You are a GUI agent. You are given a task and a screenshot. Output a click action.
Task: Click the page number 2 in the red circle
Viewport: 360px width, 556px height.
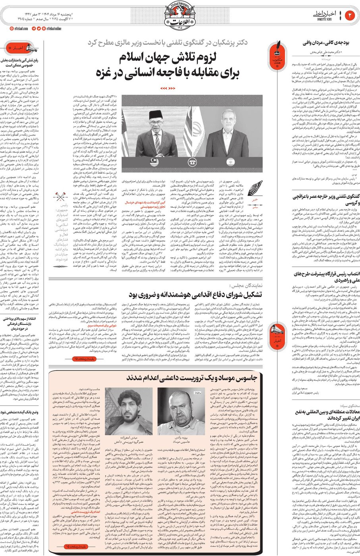point(350,15)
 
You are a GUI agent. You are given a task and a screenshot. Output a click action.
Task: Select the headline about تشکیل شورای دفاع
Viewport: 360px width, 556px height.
point(194,295)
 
